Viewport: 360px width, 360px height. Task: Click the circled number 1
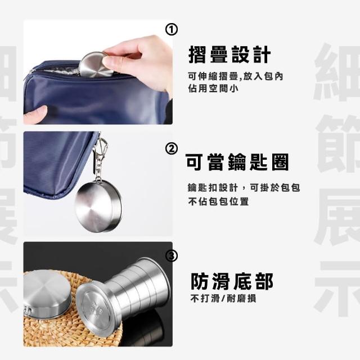(171, 30)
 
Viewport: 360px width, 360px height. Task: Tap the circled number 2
(171, 148)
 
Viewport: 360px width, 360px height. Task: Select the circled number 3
(172, 255)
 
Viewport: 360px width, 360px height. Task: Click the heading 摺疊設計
(229, 55)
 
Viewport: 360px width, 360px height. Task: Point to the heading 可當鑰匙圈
(237, 162)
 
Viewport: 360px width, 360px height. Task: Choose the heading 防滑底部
(232, 281)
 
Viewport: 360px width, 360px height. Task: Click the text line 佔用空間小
(213, 88)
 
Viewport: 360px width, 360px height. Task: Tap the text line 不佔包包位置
(218, 201)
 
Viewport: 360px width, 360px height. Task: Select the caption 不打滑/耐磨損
(223, 299)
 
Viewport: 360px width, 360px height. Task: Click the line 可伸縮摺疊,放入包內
(236, 76)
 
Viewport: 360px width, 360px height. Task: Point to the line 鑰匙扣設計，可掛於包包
(244, 187)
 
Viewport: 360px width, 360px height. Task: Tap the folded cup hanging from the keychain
(99, 206)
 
